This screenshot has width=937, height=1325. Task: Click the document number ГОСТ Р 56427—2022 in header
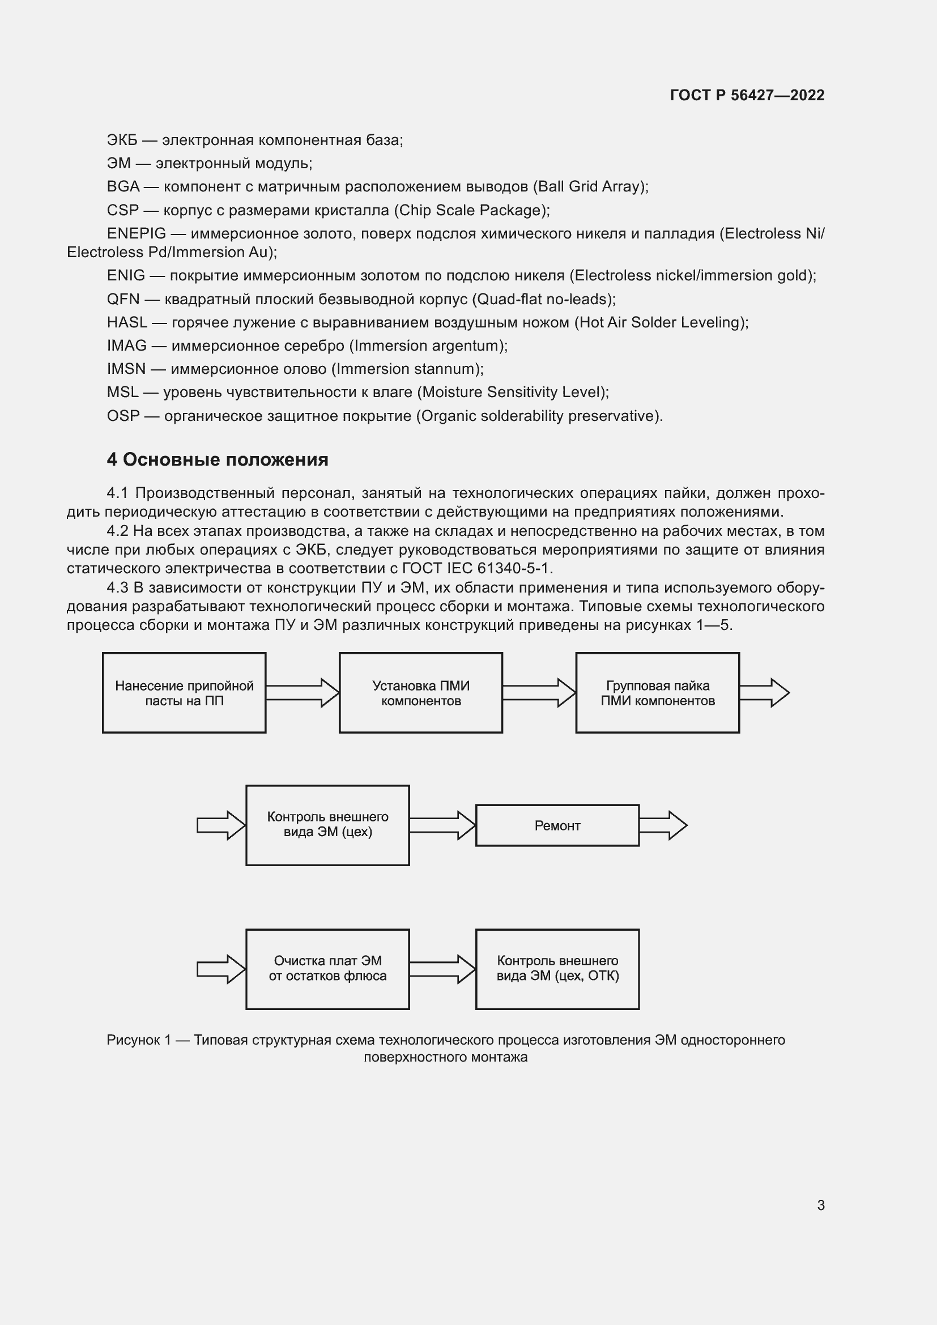pyautogui.click(x=747, y=95)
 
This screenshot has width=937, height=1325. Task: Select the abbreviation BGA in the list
pyautogui.click(x=123, y=186)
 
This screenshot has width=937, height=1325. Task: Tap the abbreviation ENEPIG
pyautogui.click(x=136, y=233)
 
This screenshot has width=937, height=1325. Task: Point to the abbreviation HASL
pyautogui.click(x=126, y=322)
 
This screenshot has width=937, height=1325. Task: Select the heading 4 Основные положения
pyautogui.click(x=218, y=459)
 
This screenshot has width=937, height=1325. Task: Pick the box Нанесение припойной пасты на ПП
pyautogui.click(x=184, y=692)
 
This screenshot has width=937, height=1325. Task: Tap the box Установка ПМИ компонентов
pyautogui.click(x=420, y=692)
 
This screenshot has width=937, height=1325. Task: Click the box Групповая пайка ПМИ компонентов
pyautogui.click(x=657, y=692)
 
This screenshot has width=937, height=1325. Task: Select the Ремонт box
pyautogui.click(x=557, y=825)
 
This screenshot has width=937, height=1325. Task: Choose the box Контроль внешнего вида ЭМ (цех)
pyautogui.click(x=327, y=825)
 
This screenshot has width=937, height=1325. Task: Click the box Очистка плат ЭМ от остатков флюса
pyautogui.click(x=327, y=969)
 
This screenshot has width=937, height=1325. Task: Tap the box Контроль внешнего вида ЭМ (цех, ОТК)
pyautogui.click(x=557, y=969)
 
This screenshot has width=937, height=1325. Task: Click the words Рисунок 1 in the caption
pyautogui.click(x=138, y=1040)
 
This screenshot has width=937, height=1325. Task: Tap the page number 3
pyautogui.click(x=820, y=1205)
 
